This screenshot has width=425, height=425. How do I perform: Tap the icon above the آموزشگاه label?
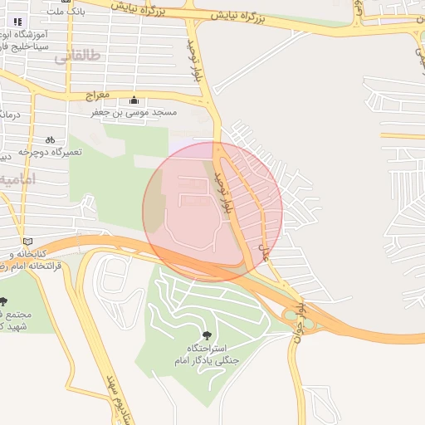click(19, 21)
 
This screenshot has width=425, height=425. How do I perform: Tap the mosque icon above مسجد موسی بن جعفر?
click(134, 100)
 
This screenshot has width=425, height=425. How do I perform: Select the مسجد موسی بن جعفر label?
click(134, 111)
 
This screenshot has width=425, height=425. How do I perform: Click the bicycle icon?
click(50, 139)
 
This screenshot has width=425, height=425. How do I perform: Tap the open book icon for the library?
click(29, 241)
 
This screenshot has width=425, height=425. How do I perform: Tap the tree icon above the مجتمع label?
click(3, 301)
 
